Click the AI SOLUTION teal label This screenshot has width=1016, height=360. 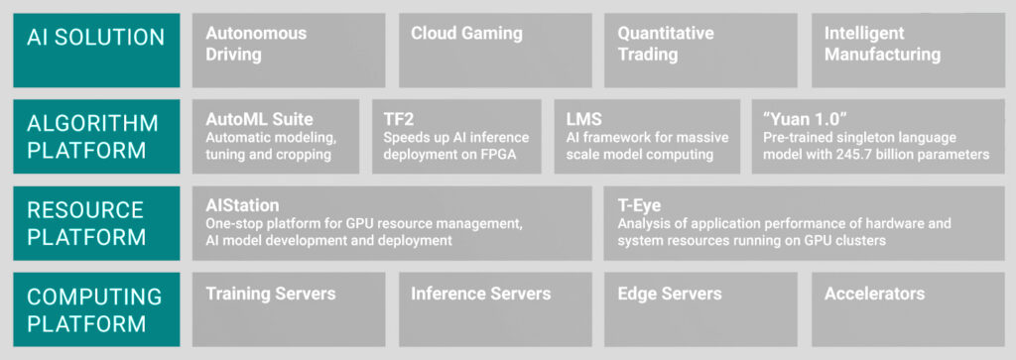[96, 50]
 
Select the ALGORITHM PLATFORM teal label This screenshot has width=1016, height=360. [96, 136]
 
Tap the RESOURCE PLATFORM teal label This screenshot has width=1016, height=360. [96, 223]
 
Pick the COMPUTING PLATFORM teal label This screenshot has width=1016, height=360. [96, 309]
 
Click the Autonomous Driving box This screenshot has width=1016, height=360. [289, 50]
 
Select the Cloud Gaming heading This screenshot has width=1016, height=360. [466, 34]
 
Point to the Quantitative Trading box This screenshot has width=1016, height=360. [700, 50]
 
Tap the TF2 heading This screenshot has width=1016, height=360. [399, 118]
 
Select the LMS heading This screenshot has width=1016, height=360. [577, 118]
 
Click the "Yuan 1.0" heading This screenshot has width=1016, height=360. [803, 118]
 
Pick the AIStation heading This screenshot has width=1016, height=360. [243, 205]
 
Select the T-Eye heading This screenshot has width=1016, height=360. [640, 205]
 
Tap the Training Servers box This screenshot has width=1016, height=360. [289, 309]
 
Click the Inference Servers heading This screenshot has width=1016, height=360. [480, 294]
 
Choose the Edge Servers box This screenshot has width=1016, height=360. [700, 309]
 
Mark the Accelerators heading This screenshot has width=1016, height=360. [874, 294]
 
